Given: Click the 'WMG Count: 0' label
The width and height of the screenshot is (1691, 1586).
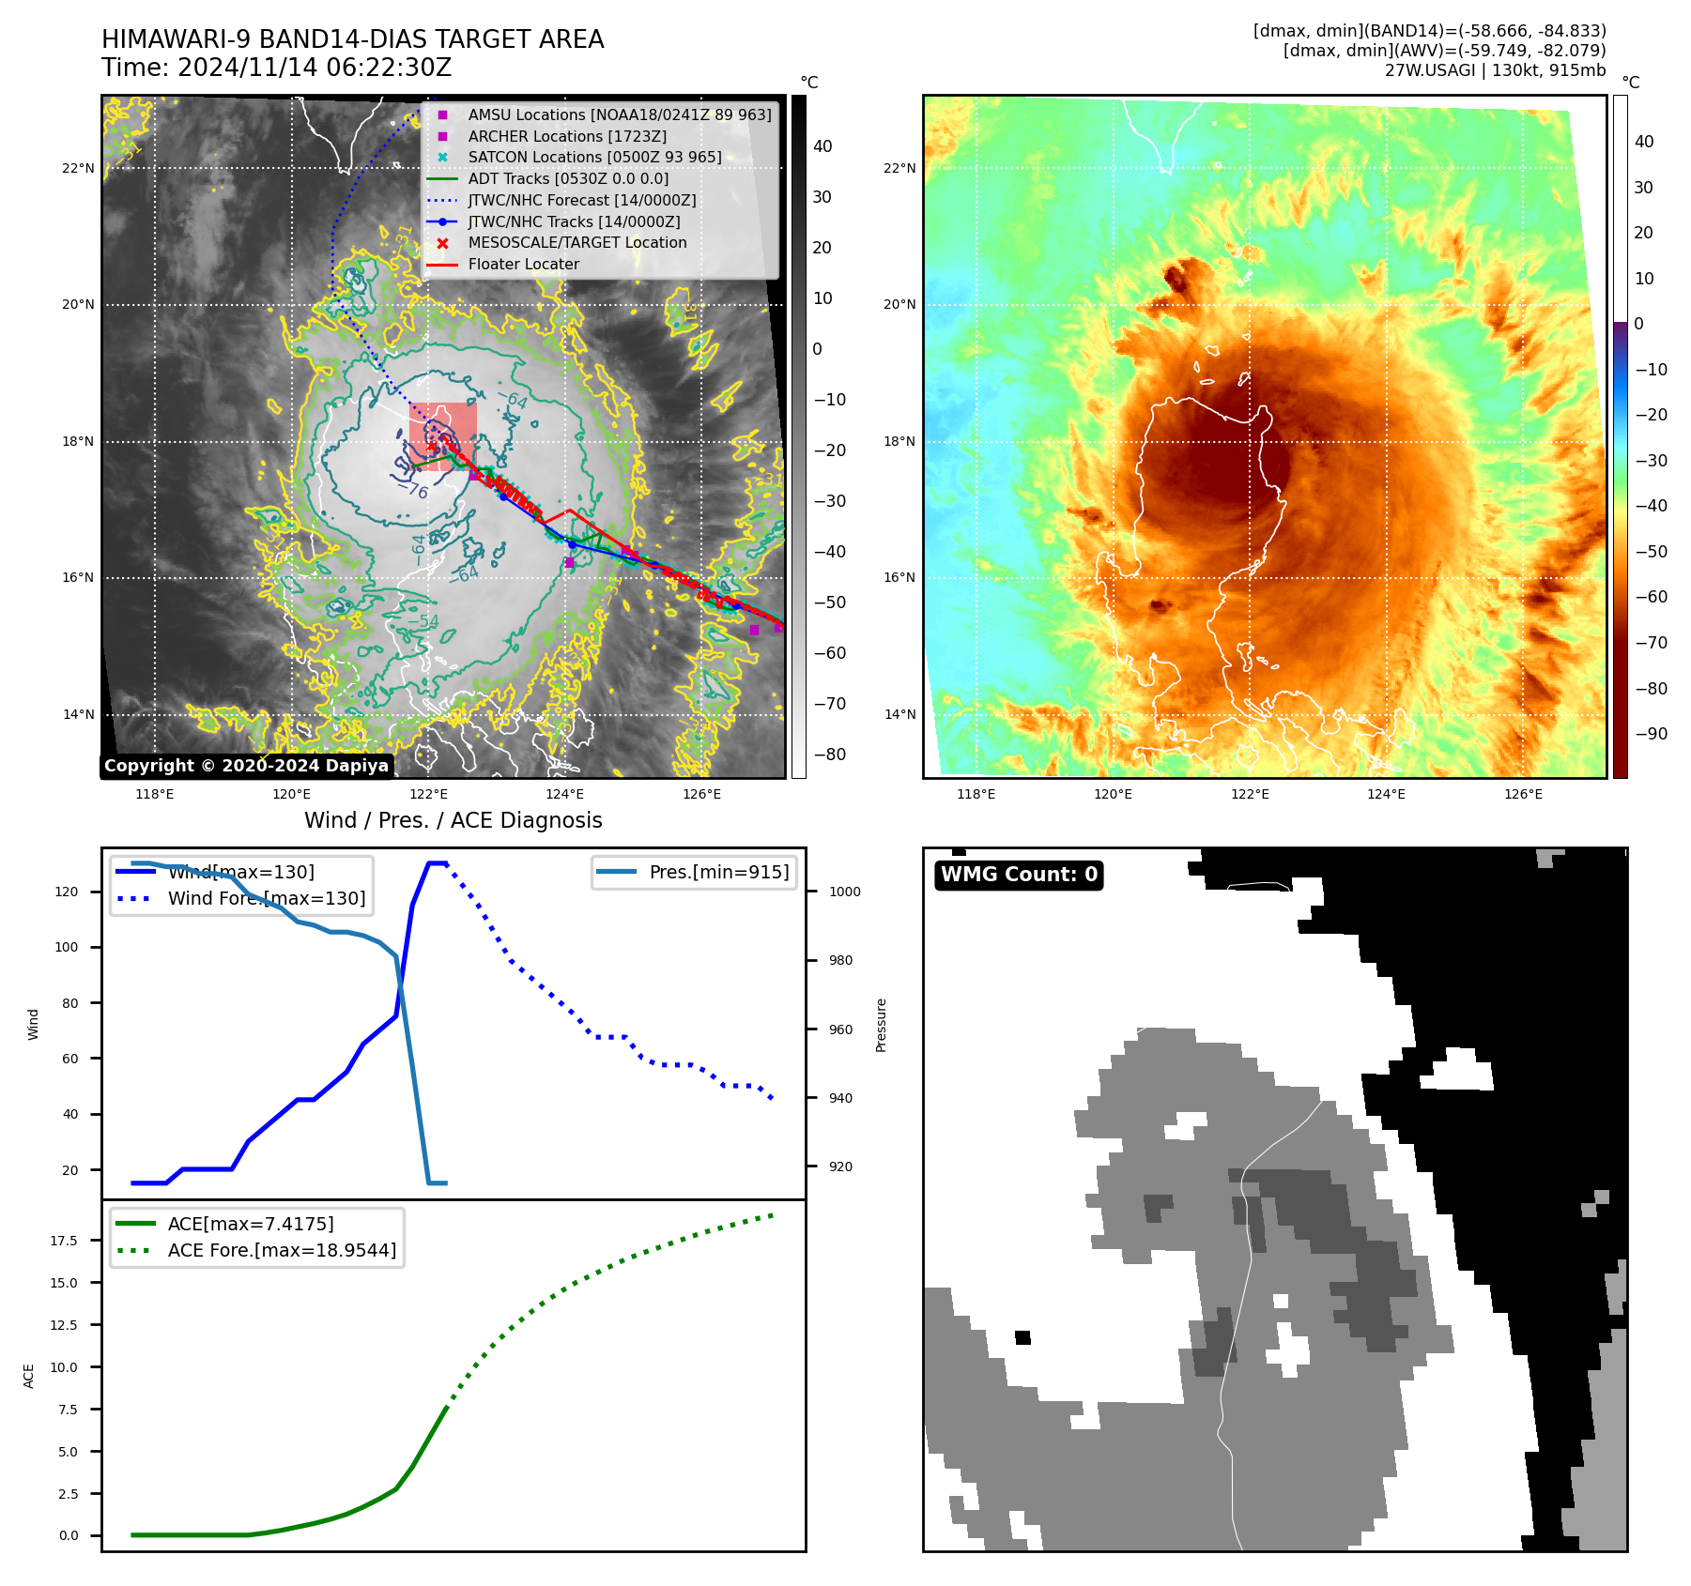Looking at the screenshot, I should (1019, 875).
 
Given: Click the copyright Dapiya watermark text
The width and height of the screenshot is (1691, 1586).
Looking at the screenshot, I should (246, 766).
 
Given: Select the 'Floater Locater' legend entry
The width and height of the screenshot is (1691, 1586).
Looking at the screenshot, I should (523, 265).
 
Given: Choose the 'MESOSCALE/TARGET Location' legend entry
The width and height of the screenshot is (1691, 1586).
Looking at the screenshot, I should (576, 243).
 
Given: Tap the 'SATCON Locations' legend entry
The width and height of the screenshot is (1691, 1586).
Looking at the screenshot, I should (594, 158).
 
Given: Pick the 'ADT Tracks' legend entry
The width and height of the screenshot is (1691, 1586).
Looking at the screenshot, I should (568, 179).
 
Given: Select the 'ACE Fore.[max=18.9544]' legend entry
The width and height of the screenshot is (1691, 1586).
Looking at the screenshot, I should (282, 1251).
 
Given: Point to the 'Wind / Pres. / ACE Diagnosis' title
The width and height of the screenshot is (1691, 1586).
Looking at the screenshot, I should (453, 821).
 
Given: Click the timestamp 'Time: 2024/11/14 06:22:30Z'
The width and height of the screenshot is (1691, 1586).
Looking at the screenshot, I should (277, 69).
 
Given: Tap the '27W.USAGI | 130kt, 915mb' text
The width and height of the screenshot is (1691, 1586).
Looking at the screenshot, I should (1495, 70).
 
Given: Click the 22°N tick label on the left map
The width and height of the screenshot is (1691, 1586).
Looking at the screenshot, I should (79, 169).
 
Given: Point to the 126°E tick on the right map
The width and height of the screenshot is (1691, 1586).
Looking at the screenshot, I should (1523, 795).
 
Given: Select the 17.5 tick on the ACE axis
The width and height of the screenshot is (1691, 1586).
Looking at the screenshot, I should (65, 1241).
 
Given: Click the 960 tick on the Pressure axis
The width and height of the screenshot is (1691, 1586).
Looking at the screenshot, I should (841, 1030).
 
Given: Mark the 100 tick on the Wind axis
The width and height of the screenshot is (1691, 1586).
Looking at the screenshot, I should (67, 948).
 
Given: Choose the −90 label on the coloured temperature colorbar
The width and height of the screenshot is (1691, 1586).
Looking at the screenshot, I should (1651, 734).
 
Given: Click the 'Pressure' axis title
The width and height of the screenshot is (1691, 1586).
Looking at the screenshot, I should (882, 1025).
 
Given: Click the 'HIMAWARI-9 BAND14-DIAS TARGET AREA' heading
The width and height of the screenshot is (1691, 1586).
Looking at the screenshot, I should (353, 40).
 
